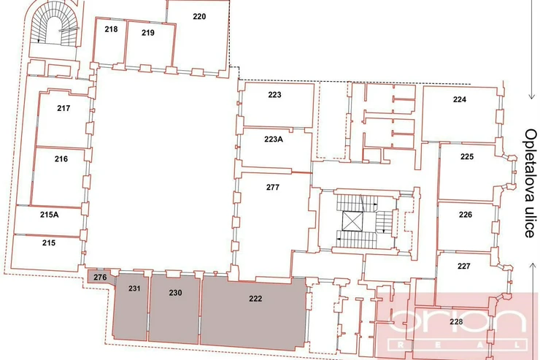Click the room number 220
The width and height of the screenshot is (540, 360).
click(199, 16)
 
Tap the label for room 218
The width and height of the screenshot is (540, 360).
click(111, 29)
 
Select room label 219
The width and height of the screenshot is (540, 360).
click(148, 33)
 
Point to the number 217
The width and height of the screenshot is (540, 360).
click(63, 108)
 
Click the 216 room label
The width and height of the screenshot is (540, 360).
click(61, 158)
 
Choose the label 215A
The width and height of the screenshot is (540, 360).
click(49, 215)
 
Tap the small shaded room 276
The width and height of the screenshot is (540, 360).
click(100, 277)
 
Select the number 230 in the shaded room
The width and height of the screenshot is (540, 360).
click(175, 293)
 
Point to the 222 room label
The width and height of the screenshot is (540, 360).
click(255, 299)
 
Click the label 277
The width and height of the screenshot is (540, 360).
click(273, 188)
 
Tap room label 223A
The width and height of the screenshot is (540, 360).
click(274, 139)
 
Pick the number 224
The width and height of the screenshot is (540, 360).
click(460, 99)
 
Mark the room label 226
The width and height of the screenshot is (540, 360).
click(466, 215)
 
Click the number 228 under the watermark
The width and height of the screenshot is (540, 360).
click(456, 322)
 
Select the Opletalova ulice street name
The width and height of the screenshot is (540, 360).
click(531, 183)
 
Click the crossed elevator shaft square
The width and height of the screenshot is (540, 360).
click(352, 221)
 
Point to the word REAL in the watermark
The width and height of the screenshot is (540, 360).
click(458, 345)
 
